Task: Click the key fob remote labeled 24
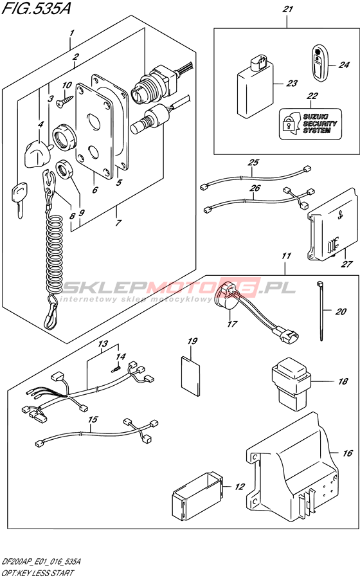319,62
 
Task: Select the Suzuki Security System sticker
309,124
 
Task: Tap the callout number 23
292,83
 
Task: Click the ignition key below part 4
17,201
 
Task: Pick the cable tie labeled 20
320,311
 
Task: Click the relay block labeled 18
290,384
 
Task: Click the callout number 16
347,453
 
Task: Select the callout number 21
287,9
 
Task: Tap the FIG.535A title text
36,8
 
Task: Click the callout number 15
93,419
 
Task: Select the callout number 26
255,188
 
